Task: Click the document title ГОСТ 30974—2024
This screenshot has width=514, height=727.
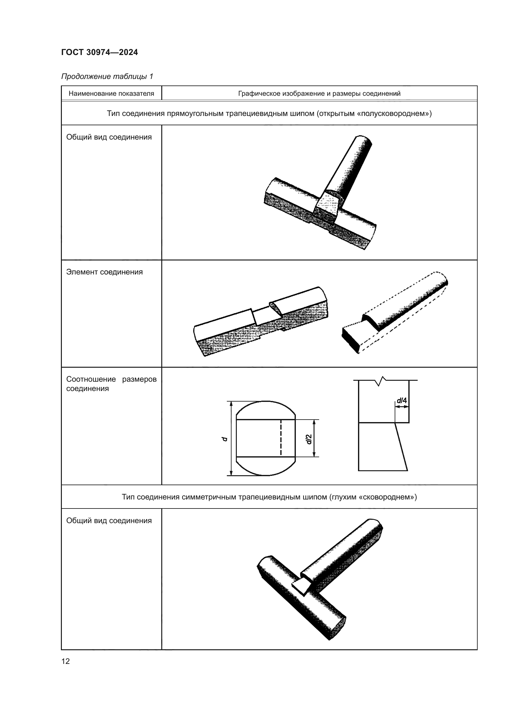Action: click(99, 52)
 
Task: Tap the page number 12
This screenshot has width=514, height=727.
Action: click(66, 661)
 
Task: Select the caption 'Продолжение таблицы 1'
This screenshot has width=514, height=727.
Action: click(107, 76)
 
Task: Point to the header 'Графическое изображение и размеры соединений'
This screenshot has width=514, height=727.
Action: click(319, 94)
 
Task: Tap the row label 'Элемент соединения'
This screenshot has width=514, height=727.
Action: click(104, 272)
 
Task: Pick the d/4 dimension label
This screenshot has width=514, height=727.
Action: click(402, 401)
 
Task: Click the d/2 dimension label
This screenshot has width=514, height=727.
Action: click(309, 439)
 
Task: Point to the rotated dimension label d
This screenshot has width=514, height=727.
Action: click(225, 439)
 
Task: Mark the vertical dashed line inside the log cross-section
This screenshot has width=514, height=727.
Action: click(281, 438)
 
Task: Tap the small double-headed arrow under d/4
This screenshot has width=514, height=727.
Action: click(402, 407)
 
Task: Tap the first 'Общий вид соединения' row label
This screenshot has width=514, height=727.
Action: click(109, 137)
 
